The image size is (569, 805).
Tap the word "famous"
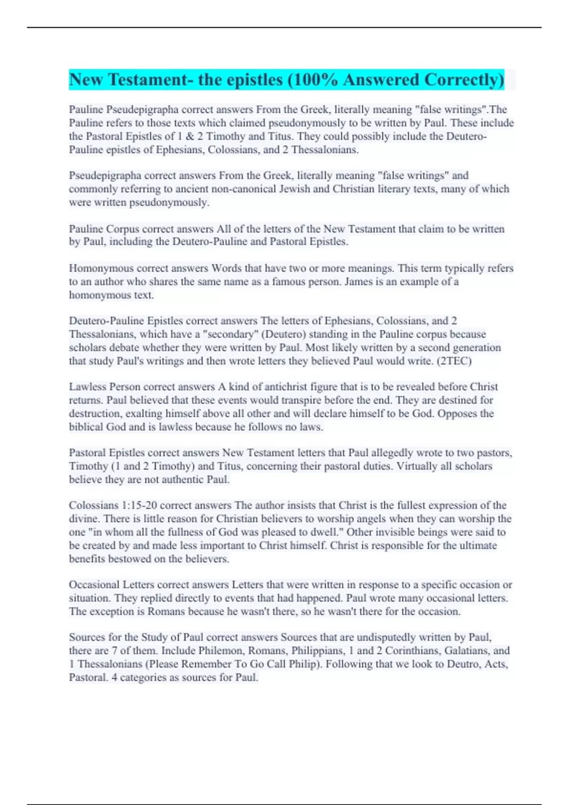pyautogui.click(x=290, y=282)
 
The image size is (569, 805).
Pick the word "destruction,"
pyautogui.click(x=95, y=413)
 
